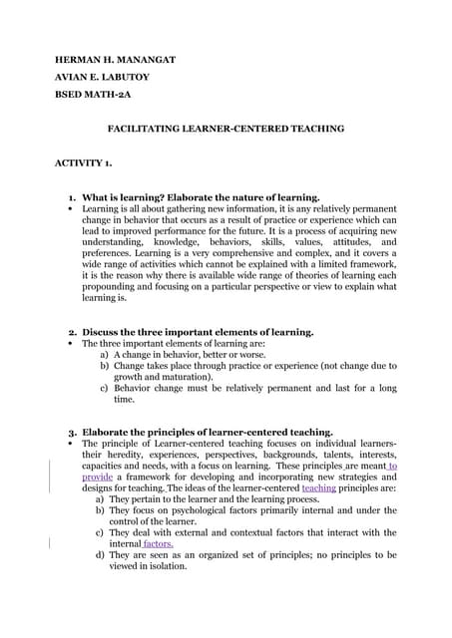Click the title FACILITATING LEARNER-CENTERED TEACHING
225,129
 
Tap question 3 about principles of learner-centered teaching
207,433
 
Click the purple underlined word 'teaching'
318,488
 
